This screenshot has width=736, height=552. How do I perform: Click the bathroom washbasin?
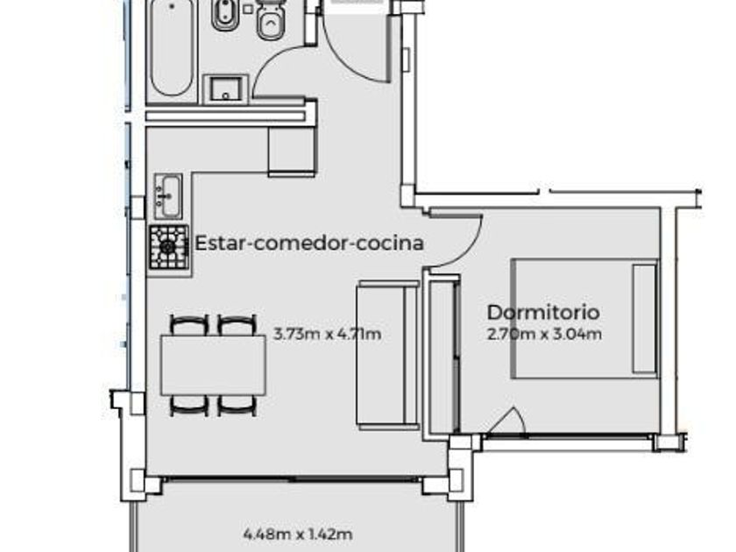pyautogui.click(x=225, y=89)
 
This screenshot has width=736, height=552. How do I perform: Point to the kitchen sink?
pyautogui.click(x=168, y=196)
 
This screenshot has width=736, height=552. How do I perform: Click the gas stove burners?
pyautogui.click(x=169, y=247)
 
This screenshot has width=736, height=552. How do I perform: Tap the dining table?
pyautogui.click(x=214, y=365)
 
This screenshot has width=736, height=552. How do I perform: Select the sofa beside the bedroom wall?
pyautogui.click(x=387, y=356)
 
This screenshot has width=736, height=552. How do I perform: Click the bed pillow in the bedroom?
pyautogui.click(x=645, y=319)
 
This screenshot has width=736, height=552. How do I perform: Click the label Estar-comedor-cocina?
pyautogui.click(x=309, y=244)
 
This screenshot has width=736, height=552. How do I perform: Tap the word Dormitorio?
pyautogui.click(x=543, y=313)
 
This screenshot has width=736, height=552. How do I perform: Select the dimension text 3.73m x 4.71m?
pyautogui.click(x=327, y=334)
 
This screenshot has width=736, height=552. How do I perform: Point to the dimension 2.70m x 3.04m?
pyautogui.click(x=544, y=334)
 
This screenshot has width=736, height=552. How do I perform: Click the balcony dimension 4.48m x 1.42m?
pyautogui.click(x=298, y=534)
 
